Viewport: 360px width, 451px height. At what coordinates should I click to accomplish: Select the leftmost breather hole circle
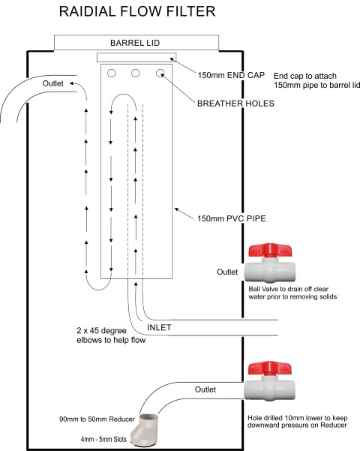[112, 74]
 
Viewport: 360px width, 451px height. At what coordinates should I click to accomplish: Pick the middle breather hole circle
[136, 74]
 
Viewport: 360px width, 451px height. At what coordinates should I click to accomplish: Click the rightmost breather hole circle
[160, 74]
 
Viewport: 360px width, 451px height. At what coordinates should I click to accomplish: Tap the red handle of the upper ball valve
[273, 251]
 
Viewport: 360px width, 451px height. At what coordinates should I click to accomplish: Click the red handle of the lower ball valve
[273, 368]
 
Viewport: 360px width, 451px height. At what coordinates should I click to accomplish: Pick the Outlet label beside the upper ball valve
[226, 272]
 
